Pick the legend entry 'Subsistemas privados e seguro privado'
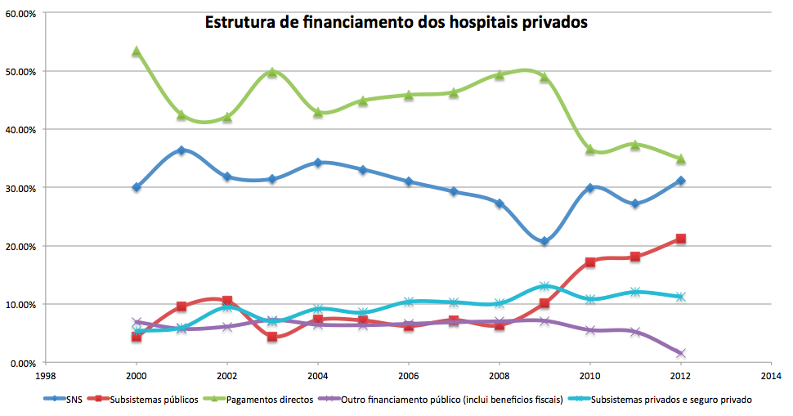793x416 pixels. point(670,400)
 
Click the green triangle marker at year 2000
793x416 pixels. point(137,51)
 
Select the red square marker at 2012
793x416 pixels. point(680,239)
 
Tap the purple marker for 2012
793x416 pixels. point(680,353)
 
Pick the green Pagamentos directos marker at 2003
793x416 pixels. point(272,72)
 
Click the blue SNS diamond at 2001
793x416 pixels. point(181,150)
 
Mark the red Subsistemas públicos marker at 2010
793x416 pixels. point(589,262)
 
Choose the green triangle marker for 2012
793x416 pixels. point(680,159)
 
